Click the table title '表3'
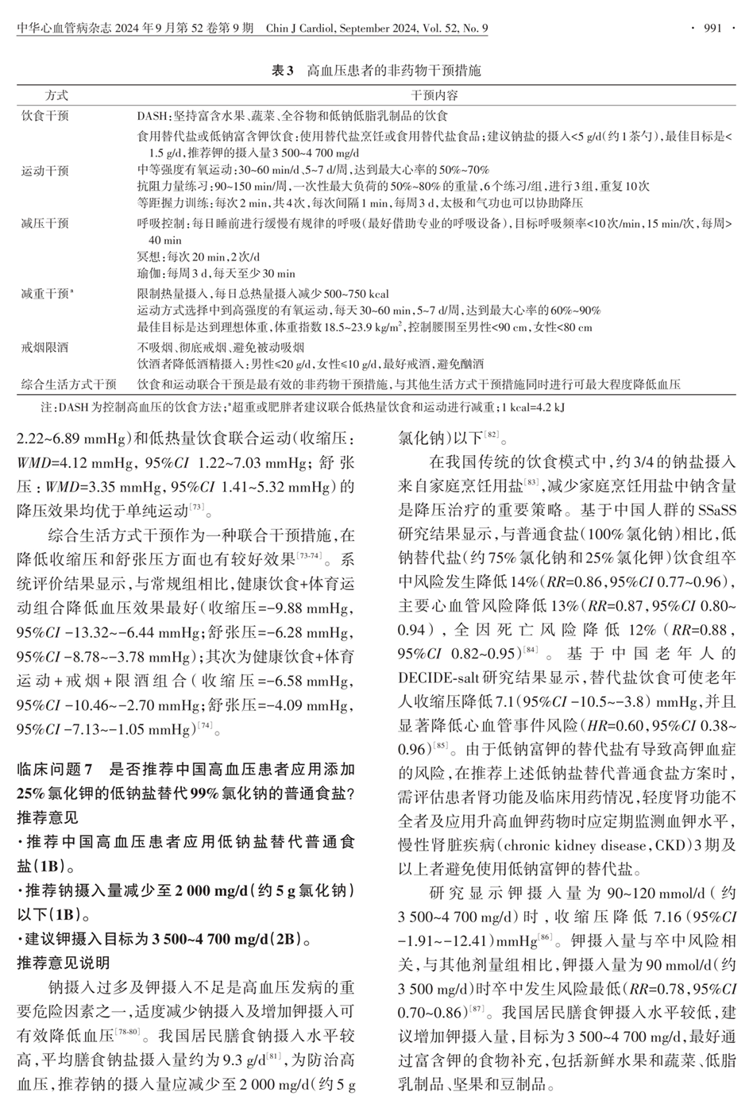283,71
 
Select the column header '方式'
56,95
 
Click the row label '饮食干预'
45,115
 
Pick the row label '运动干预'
45,170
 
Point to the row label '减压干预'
45,225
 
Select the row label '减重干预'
48,293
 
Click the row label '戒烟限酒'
45,348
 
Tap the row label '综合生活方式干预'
69,384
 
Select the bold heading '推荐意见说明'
64,963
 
